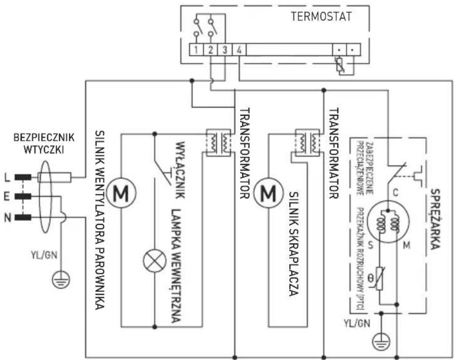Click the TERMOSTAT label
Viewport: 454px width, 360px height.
pyautogui.click(x=321, y=17)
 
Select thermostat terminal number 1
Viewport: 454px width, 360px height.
pyautogui.click(x=195, y=49)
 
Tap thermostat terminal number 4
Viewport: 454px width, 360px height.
pyautogui.click(x=240, y=49)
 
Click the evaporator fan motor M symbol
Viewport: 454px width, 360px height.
pyautogui.click(x=121, y=193)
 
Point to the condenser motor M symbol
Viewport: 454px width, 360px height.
pyautogui.click(x=268, y=193)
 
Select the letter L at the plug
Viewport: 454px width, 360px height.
pyautogui.click(x=7, y=178)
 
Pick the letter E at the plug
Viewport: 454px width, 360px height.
pyautogui.click(x=7, y=197)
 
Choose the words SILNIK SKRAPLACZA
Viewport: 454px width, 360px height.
pyautogui.click(x=293, y=243)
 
